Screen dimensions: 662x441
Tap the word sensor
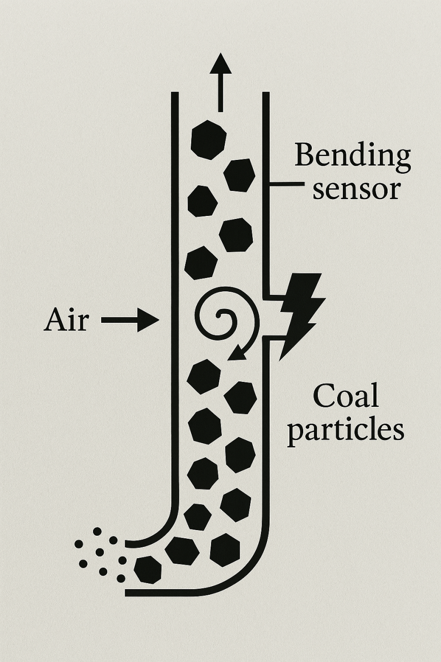pos(356,189)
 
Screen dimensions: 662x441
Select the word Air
pos(66,321)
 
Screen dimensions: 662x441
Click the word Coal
pos(345,396)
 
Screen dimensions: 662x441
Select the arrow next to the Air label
pos(130,321)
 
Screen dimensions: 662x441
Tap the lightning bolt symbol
pos(300,313)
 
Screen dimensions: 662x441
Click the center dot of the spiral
pos(218,315)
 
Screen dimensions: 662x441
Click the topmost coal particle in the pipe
pos(208,140)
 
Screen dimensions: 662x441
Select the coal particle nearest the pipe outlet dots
pos(148,569)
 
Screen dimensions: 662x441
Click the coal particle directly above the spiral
pos(201,263)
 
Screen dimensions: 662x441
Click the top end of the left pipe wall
pos(174,94)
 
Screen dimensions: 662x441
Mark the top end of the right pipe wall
pos(266,94)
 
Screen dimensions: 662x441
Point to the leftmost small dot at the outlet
pos(79,544)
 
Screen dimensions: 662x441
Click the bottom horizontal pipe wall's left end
pos(127,593)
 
